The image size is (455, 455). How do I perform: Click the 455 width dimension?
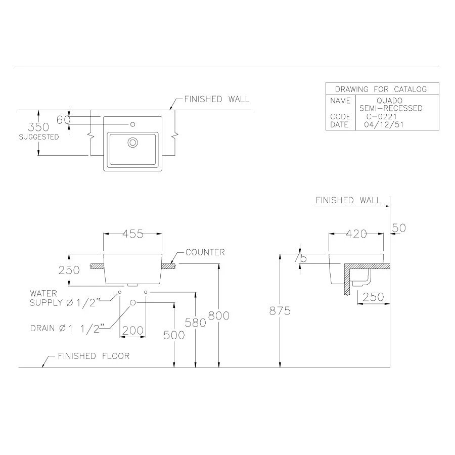pos(133,234)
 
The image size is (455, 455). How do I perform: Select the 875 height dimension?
pos(280,311)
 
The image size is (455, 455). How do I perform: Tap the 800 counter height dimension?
pos(219,315)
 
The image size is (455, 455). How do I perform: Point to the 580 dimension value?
pos(196,322)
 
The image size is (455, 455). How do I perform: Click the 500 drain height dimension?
pos(174,335)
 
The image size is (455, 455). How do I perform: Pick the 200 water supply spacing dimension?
pos(133,331)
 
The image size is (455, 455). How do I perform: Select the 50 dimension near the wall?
pos(399,228)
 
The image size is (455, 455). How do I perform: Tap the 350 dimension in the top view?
pos(38,127)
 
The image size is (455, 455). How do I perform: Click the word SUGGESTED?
pos(39,137)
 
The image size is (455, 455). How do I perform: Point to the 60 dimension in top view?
pos(63,120)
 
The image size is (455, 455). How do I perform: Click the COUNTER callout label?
pos(205,252)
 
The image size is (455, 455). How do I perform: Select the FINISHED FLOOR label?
pos(94,356)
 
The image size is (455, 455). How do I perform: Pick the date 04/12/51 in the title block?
pos(383,124)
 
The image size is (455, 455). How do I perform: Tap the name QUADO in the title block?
pos(389,101)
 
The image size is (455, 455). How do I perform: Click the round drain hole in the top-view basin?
pos(133,143)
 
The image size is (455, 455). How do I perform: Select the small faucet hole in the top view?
pos(133,124)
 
